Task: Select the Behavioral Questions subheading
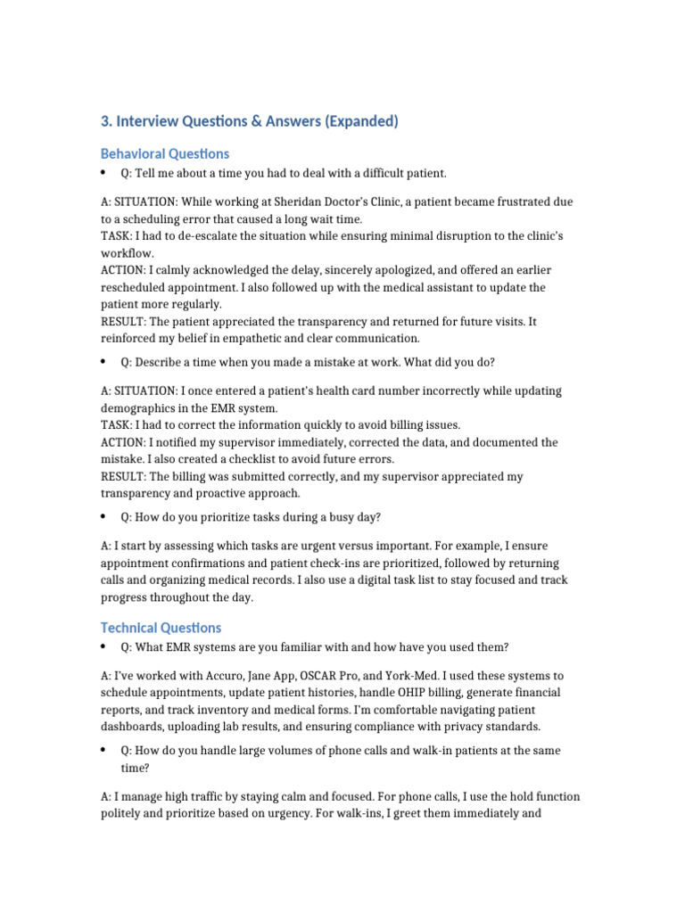pos(165,153)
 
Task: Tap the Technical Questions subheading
pos(161,628)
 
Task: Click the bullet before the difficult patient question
pos(103,172)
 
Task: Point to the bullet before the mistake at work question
pos(103,362)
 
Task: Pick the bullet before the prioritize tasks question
pos(103,516)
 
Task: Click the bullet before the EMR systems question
pos(103,646)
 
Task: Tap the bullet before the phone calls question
pos(103,751)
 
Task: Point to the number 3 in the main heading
pos(106,121)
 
